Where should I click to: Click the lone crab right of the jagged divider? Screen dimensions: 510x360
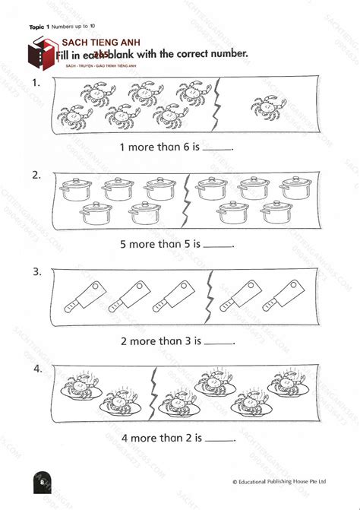pyautogui.click(x=268, y=107)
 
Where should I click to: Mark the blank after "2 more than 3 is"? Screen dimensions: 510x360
pyautogui.click(x=219, y=344)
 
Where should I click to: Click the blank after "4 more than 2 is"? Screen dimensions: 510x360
pyautogui.click(x=220, y=440)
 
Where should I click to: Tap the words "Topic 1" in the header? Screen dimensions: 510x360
pyautogui.click(x=39, y=27)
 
